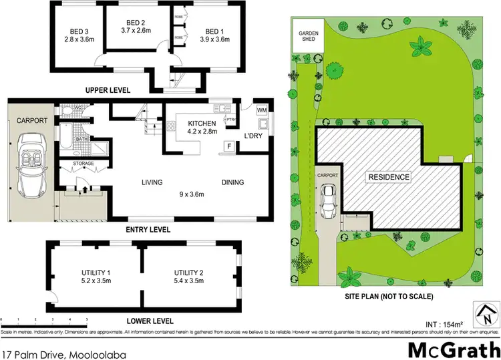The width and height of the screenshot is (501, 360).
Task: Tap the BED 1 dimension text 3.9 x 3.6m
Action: (x=214, y=39)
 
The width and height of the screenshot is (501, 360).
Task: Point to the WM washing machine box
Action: (x=261, y=110)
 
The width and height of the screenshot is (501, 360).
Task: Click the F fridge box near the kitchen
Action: (x=229, y=146)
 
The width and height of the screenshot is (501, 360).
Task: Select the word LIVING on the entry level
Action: (x=153, y=182)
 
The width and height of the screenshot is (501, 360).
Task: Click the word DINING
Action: (x=233, y=182)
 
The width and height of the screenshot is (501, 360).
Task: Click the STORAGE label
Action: (x=83, y=164)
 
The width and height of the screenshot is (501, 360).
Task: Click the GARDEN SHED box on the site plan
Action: (x=308, y=35)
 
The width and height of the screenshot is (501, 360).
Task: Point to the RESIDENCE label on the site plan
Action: (x=387, y=178)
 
